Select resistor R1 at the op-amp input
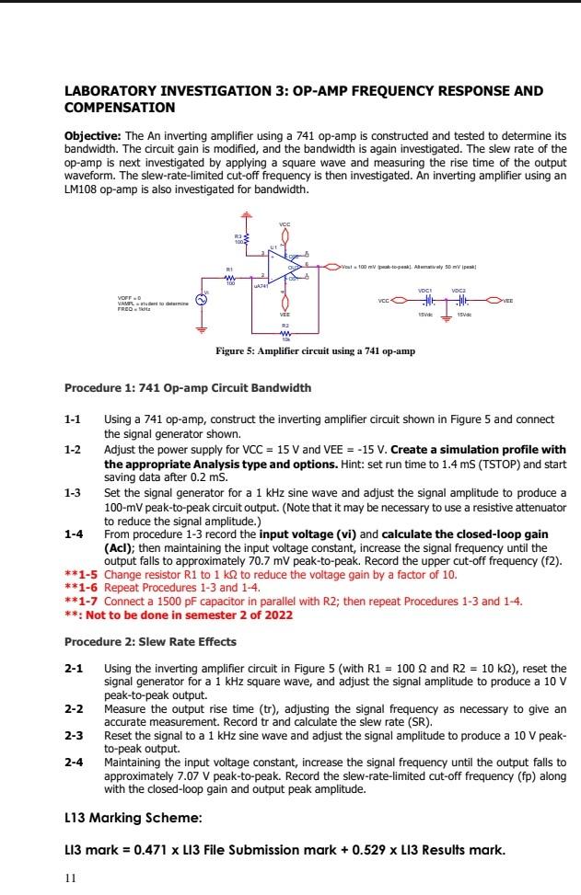231,277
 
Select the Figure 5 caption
290,351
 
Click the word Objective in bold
92,134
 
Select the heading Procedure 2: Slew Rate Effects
150,641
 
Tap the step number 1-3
73,493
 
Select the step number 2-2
73,709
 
